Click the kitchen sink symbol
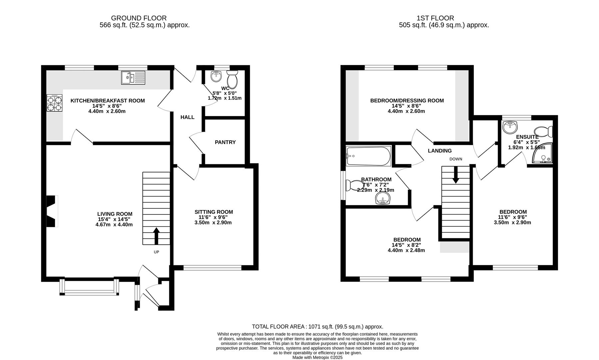click(133, 78)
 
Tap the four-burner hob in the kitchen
click(54, 103)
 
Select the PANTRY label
click(225, 142)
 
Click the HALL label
click(187, 117)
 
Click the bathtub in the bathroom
click(368, 156)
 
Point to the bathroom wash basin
click(383, 200)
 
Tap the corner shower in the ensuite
click(542, 154)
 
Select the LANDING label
click(440, 151)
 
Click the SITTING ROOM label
click(214, 212)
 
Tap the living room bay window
click(89, 287)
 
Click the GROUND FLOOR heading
click(139, 18)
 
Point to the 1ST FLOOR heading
click(435, 18)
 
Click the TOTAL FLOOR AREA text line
click(317, 327)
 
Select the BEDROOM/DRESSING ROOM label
click(407, 101)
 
